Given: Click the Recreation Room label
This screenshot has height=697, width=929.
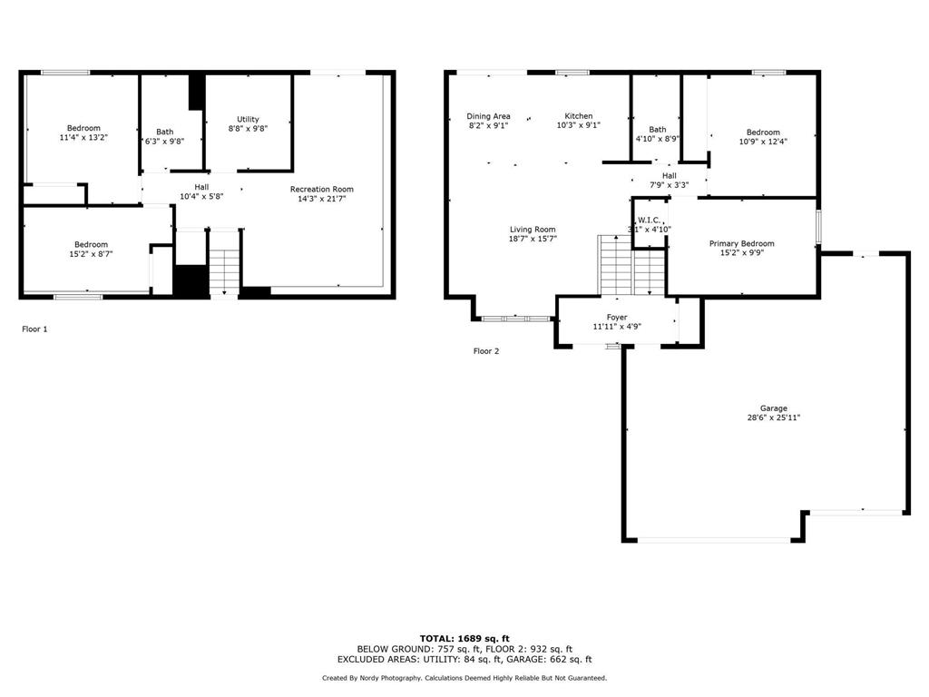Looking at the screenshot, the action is pyautogui.click(x=322, y=189).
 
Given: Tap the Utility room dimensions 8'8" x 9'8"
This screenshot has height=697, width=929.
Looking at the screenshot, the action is pyautogui.click(x=248, y=128).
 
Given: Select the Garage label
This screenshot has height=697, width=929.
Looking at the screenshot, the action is pyautogui.click(x=774, y=408).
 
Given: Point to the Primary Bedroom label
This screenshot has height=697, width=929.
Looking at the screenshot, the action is pyautogui.click(x=742, y=243).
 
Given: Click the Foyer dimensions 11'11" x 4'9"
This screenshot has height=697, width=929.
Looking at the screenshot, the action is pyautogui.click(x=617, y=327).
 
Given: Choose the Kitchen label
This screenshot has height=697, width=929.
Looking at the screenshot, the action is pyautogui.click(x=578, y=116).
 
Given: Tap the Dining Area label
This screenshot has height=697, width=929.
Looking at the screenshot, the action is pyautogui.click(x=488, y=116).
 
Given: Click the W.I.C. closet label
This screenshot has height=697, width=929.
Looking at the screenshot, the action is pyautogui.click(x=650, y=220).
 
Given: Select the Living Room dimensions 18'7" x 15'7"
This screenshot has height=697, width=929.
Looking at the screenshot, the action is pyautogui.click(x=533, y=239).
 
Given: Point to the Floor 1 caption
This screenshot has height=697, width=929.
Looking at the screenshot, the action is pyautogui.click(x=34, y=329).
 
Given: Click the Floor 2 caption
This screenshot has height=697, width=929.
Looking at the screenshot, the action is pyautogui.click(x=486, y=351).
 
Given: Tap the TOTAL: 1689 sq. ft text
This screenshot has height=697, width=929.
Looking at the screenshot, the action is pyautogui.click(x=464, y=638).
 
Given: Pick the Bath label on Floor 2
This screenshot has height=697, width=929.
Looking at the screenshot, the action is pyautogui.click(x=658, y=129).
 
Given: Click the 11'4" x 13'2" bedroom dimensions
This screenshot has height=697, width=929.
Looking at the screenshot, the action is pyautogui.click(x=83, y=138).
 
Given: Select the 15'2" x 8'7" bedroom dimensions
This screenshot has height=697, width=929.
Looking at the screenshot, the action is pyautogui.click(x=92, y=254).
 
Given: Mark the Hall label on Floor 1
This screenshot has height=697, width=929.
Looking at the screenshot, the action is pyautogui.click(x=201, y=187).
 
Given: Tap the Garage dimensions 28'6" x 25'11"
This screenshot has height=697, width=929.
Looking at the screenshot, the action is pyautogui.click(x=774, y=417).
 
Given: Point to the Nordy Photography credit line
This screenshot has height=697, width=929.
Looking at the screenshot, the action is pyautogui.click(x=464, y=677).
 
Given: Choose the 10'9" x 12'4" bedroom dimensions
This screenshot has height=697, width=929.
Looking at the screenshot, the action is pyautogui.click(x=763, y=142).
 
